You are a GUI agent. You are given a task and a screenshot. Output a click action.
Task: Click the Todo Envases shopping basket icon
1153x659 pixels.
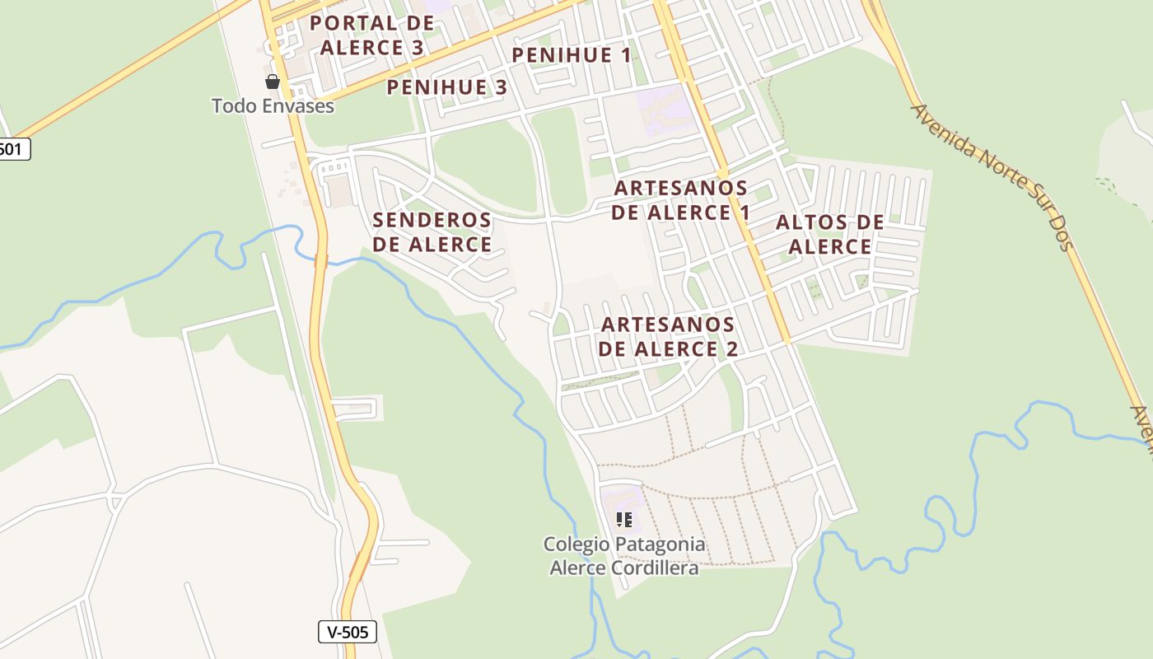coord(273,82)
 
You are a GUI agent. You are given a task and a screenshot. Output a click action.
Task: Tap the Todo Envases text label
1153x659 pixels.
coord(273,106)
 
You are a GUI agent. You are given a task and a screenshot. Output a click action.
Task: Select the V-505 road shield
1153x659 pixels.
coord(348,632)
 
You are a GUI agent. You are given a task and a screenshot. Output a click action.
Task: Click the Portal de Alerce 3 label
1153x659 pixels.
coord(371,35)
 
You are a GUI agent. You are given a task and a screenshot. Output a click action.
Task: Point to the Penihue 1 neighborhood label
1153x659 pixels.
coord(572,55)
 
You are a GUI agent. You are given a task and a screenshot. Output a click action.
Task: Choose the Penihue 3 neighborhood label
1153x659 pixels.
coord(446,87)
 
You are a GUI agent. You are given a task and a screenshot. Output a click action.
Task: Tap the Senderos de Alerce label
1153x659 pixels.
coord(432,232)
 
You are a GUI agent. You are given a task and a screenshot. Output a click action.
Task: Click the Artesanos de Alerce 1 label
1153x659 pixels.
coord(681,200)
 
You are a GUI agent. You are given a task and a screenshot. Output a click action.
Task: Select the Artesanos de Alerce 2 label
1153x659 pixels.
coord(668,336)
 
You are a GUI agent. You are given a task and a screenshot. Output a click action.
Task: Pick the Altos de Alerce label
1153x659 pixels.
coord(830,234)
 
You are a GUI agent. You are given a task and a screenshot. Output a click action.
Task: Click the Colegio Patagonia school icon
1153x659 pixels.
coord(624,519)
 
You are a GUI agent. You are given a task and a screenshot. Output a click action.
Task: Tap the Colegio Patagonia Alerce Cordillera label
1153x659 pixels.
coord(624,556)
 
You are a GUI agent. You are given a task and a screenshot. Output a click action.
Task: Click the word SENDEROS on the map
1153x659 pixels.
coord(432,221)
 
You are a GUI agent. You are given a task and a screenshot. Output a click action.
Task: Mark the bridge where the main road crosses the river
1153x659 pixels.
coord(320,261)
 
